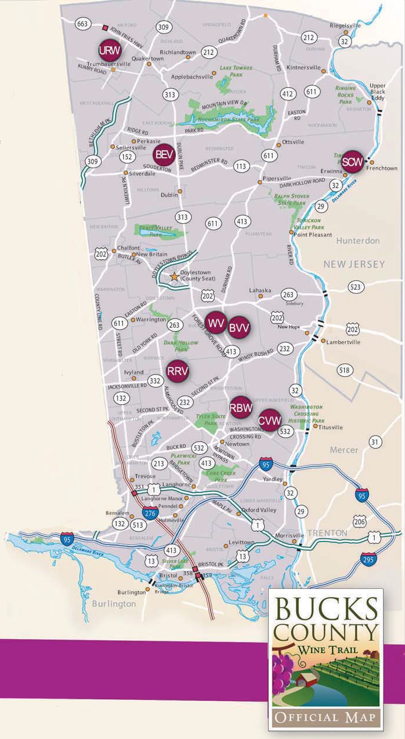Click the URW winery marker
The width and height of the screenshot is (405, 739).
110,49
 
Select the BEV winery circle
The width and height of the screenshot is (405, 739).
163,155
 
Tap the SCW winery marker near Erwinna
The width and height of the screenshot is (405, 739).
352,161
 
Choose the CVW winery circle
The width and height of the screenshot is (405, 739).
270,419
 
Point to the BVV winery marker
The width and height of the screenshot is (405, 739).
239,328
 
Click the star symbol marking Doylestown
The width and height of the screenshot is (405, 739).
174,277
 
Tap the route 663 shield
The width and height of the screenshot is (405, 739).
82,23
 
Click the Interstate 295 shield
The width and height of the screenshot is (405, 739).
369,558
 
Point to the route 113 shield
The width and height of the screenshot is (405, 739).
241,166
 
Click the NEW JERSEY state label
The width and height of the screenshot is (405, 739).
354,264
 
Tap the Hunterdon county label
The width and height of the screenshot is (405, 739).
358,240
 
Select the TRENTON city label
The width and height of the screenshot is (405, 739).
328,533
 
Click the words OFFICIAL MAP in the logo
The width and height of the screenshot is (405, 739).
326,717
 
